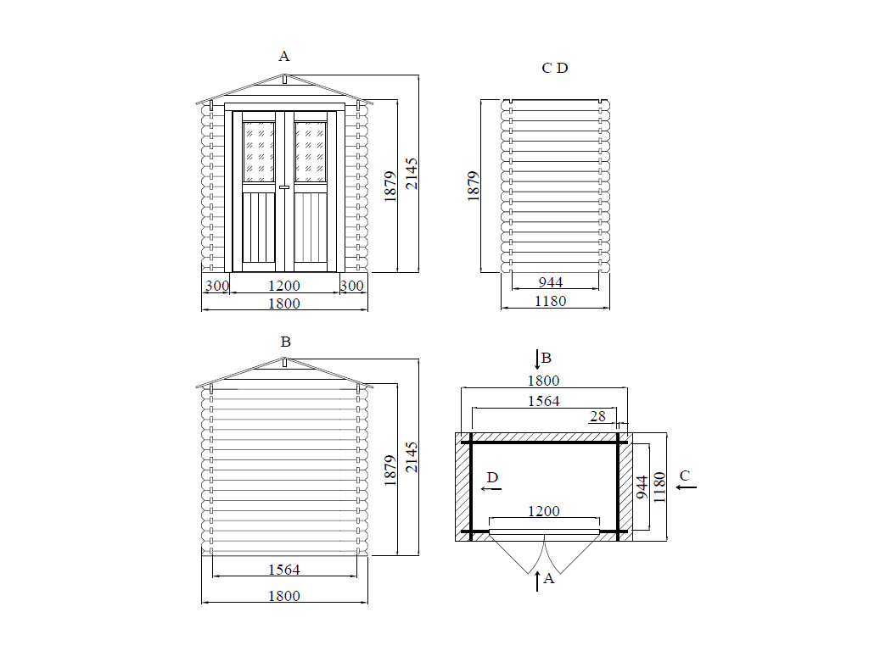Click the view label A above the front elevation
click(x=283, y=56)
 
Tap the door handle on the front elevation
click(x=284, y=187)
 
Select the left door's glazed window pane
click(x=259, y=152)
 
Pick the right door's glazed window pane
click(x=310, y=152)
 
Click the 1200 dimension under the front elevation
click(x=284, y=286)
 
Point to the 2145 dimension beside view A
click(x=412, y=173)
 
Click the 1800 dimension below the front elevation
click(x=284, y=303)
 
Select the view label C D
click(x=555, y=68)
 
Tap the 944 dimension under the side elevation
click(x=551, y=282)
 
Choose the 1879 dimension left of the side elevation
click(x=473, y=186)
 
